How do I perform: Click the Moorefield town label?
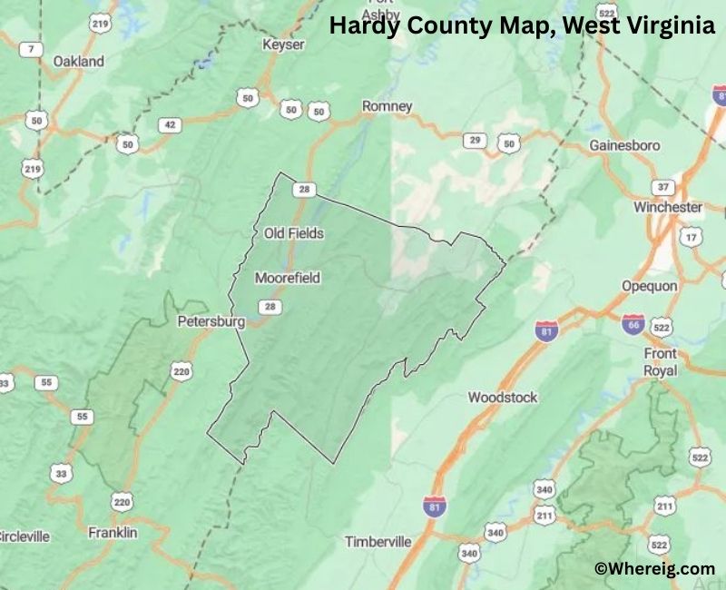(x=288, y=278)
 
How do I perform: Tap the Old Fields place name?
(x=293, y=233)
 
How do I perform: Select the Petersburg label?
(x=211, y=321)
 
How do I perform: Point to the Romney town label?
(x=388, y=106)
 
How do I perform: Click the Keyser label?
(x=283, y=44)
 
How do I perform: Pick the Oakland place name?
(x=78, y=62)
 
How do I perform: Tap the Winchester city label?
(x=668, y=207)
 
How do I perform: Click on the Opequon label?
(x=649, y=285)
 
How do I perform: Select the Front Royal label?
(x=660, y=361)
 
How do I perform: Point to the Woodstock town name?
(x=503, y=398)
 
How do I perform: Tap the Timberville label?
(x=378, y=542)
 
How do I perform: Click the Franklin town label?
(x=113, y=533)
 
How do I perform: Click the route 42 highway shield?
(x=169, y=125)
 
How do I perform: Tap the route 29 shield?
(x=474, y=140)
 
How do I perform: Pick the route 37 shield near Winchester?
(x=664, y=187)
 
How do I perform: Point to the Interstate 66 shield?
(x=633, y=324)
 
